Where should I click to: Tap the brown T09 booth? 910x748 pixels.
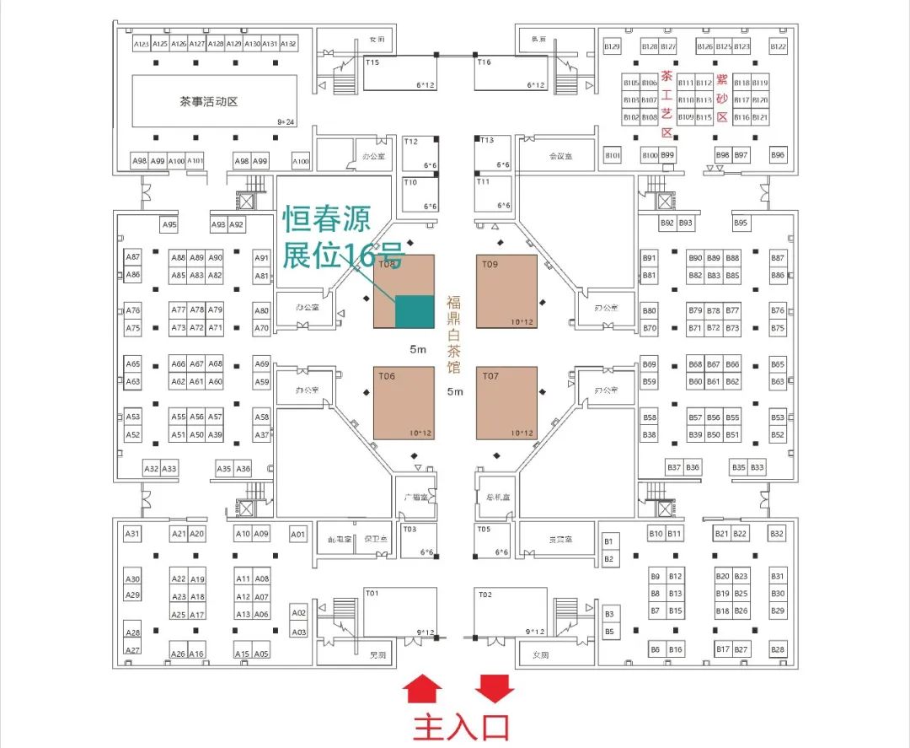click(x=506, y=291)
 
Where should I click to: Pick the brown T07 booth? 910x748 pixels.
click(x=506, y=403)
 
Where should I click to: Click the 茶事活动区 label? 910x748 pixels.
click(x=209, y=102)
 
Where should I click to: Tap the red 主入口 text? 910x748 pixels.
click(x=462, y=726)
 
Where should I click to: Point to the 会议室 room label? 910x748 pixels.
click(x=560, y=156)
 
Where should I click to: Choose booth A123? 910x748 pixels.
click(x=142, y=44)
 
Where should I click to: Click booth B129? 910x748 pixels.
click(x=613, y=46)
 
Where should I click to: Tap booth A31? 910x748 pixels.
click(x=132, y=534)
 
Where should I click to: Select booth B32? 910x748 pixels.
click(x=777, y=534)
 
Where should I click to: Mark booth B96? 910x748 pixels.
click(x=778, y=155)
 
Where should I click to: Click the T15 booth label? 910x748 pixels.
click(x=372, y=62)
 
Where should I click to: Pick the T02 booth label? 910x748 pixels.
click(x=484, y=595)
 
